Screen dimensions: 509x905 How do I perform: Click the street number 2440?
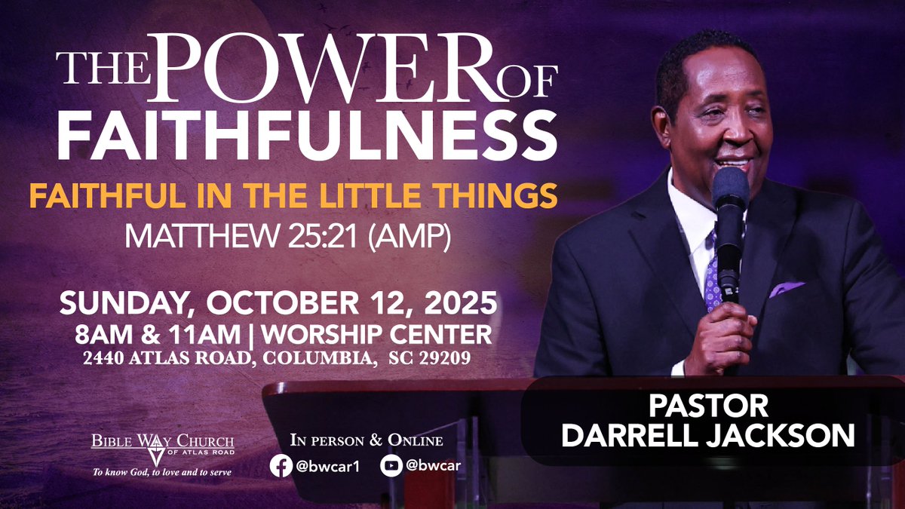[106, 359]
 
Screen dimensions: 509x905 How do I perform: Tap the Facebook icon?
[281, 466]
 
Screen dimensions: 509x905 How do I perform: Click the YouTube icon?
[391, 466]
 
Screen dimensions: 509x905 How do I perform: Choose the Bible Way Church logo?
[158, 446]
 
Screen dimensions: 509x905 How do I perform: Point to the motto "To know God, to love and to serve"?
[158, 473]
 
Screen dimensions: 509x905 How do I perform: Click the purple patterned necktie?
[711, 271]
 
